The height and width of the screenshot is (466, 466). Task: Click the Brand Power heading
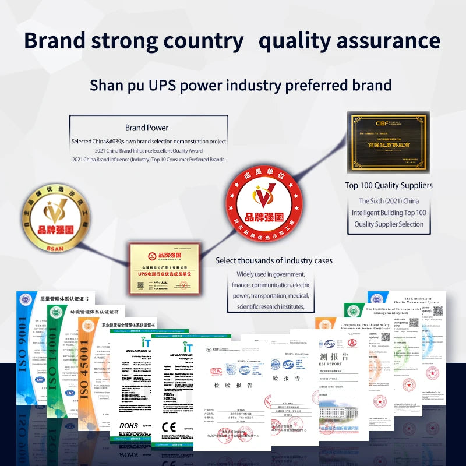(147, 128)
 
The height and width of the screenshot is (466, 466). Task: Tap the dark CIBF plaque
(388, 142)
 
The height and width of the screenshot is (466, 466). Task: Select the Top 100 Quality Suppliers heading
(389, 185)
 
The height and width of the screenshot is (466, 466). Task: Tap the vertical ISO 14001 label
(56, 367)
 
